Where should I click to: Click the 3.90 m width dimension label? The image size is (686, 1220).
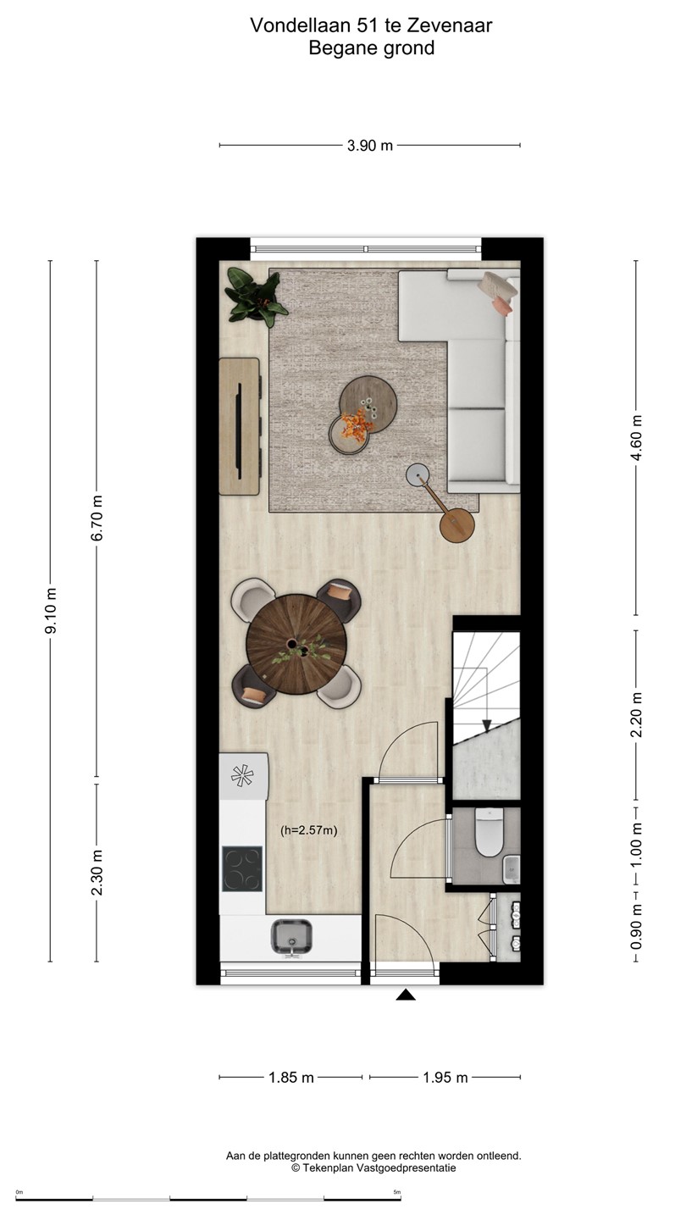369,146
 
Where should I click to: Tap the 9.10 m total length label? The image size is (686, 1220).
51,611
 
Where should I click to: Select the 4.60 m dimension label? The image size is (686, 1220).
636,438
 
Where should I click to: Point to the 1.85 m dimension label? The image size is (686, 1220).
291,1078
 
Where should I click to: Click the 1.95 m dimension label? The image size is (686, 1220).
445,1078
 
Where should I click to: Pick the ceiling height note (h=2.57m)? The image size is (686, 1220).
308,831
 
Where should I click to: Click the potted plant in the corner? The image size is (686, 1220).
255,298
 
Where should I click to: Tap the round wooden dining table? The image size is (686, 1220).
296,644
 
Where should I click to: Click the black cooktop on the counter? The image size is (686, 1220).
242,868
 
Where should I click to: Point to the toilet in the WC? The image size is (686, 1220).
489,832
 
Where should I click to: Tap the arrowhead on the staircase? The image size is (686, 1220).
487,725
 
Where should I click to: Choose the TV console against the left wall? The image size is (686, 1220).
239,426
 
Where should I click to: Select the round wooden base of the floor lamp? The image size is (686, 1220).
457,525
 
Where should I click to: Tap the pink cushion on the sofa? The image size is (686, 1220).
502,306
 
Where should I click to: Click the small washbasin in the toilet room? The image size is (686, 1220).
512,868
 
